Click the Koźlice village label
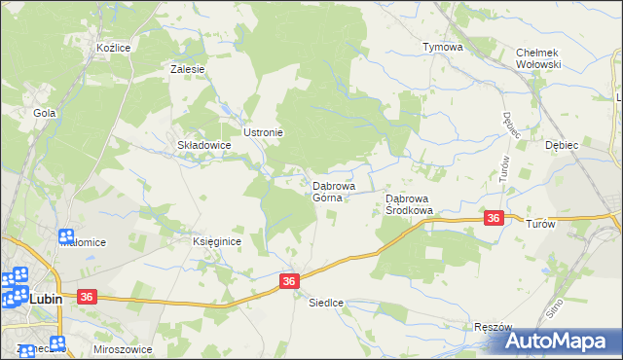pos(113,47)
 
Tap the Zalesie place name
pos(186,69)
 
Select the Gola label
pos(43,113)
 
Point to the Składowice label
pos(202,145)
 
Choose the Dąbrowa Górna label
pos(333,191)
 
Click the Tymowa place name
pos(441,47)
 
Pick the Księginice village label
pos(216,241)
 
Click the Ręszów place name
pos(493,328)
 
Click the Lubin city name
pos(45,299)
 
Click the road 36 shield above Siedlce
pos(288,280)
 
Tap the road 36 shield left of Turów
pos(494,219)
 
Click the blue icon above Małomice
pos(66,236)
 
